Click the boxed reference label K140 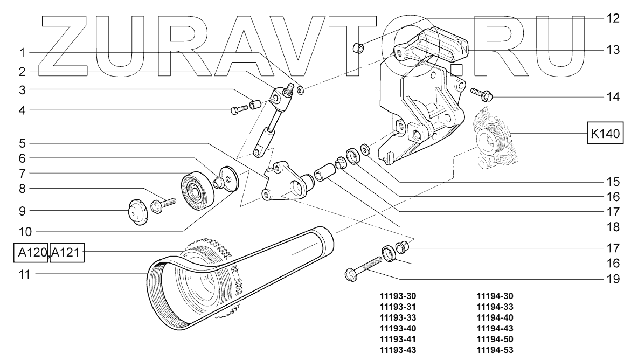click(605, 133)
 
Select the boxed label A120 click(30, 252)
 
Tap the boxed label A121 click(67, 252)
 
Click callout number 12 click(612, 18)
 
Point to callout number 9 click(23, 210)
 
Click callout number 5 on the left click(23, 143)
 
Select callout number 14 click(612, 98)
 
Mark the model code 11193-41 click(398, 338)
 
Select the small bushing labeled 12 click(357, 49)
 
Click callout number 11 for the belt click(23, 274)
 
